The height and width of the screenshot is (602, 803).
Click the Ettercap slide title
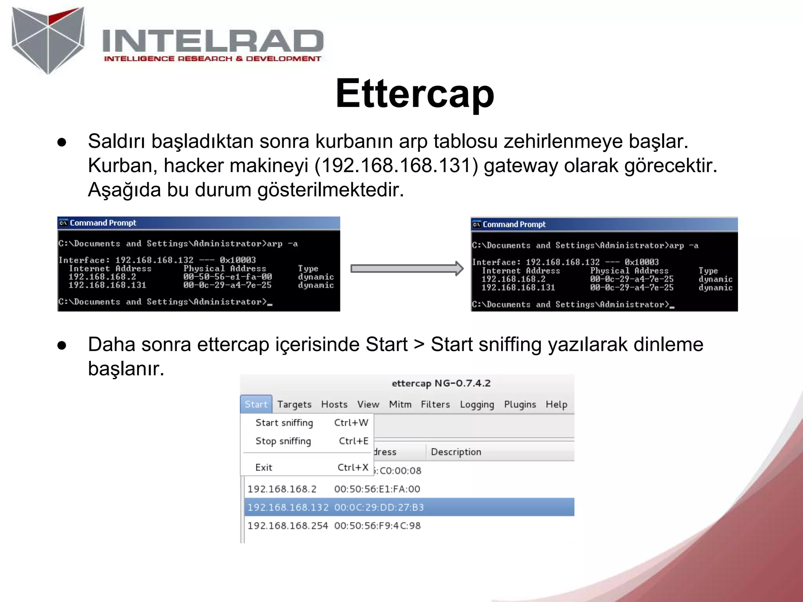(x=414, y=94)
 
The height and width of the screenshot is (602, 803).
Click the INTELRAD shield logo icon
(x=48, y=39)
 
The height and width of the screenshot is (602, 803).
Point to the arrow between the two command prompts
(x=407, y=268)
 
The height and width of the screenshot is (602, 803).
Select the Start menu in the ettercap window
(x=256, y=404)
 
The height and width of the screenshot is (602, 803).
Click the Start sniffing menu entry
(x=284, y=423)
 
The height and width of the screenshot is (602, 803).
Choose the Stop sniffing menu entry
(x=283, y=441)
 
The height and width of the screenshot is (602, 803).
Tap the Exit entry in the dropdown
(x=263, y=468)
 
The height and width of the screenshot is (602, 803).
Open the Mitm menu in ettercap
(x=400, y=404)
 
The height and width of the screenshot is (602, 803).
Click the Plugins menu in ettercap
(x=520, y=404)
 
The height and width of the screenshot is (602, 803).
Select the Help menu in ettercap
(x=556, y=404)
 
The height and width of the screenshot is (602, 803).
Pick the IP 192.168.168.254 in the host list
(x=287, y=526)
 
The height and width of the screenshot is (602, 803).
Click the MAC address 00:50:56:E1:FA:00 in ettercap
(x=377, y=489)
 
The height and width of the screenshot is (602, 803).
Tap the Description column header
(x=456, y=452)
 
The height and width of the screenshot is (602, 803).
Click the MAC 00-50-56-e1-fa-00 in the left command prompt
(x=227, y=277)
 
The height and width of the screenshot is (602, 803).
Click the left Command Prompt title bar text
(x=103, y=223)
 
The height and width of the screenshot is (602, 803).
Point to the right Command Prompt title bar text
(x=514, y=225)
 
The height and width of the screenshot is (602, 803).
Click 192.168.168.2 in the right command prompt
(x=513, y=279)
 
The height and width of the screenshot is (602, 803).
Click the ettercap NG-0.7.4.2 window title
(x=441, y=383)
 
